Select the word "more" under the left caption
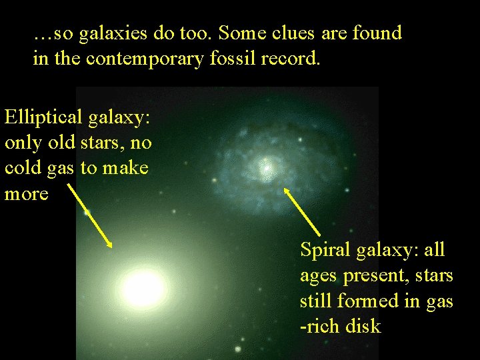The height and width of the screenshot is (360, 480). coord(27,194)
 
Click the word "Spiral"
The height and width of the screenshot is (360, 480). coord(326,250)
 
